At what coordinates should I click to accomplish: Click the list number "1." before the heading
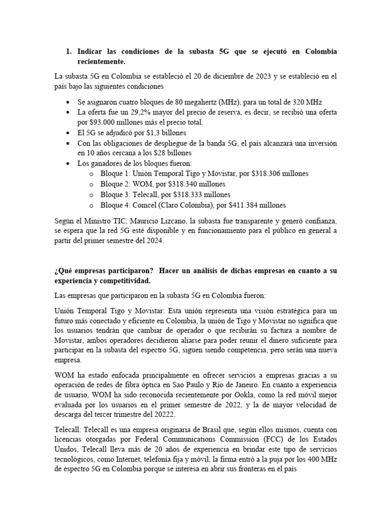pos(69,52)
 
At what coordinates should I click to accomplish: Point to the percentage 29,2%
pos(132,112)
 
